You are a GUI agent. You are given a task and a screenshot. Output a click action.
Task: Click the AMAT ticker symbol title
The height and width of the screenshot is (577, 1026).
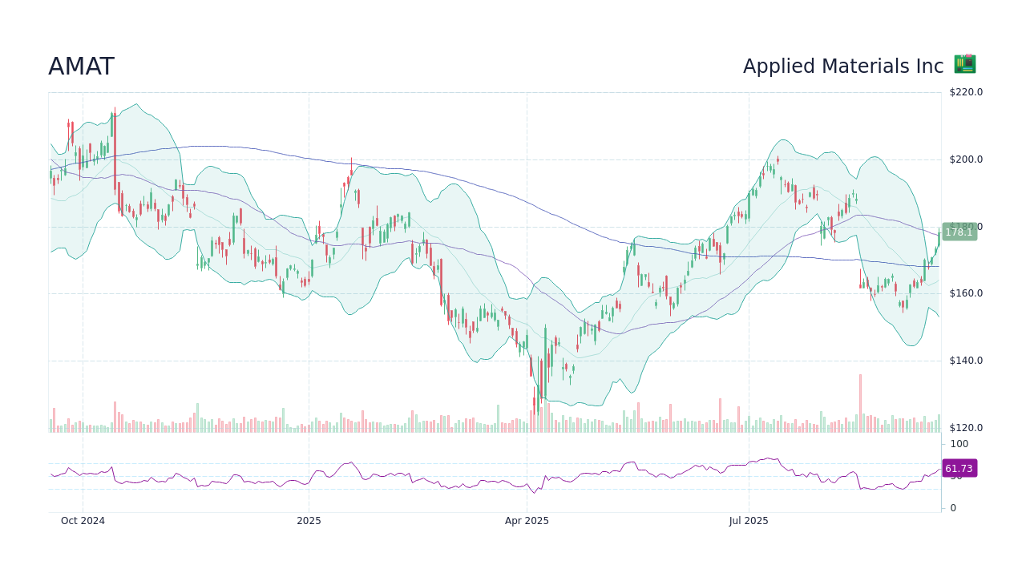[81, 67]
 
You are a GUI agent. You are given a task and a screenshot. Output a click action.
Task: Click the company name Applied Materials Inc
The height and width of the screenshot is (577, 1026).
[842, 67]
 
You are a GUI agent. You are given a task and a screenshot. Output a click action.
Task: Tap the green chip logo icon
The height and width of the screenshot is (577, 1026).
[964, 64]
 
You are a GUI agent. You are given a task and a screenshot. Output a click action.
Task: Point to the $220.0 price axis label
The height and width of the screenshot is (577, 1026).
[965, 92]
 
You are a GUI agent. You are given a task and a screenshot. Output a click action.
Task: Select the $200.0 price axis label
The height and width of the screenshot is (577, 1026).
[965, 159]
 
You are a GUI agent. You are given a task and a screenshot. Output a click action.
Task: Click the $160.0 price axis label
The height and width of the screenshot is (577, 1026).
[965, 293]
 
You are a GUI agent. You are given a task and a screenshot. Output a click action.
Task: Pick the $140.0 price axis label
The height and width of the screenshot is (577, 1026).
[965, 361]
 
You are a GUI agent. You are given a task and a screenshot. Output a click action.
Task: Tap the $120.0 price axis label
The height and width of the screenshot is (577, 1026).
[965, 428]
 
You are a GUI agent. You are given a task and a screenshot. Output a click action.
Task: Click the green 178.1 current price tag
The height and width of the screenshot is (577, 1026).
[959, 232]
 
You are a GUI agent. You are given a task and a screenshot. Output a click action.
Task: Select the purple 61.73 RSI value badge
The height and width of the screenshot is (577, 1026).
[959, 469]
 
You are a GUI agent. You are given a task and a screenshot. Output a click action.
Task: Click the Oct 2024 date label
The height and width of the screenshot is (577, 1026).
[83, 521]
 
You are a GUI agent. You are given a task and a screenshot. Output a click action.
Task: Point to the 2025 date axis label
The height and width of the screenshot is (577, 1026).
[309, 521]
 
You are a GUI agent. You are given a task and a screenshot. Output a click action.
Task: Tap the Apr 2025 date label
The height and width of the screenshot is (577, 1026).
[527, 521]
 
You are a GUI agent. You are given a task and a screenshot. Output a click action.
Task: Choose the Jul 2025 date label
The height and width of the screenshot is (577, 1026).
[749, 521]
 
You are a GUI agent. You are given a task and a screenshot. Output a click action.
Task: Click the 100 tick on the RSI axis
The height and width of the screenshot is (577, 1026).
[959, 444]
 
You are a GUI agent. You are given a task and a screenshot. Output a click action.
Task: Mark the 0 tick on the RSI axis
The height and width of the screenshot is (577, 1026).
[953, 508]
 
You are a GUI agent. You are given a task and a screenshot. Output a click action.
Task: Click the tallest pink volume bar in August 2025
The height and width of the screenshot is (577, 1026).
[860, 402]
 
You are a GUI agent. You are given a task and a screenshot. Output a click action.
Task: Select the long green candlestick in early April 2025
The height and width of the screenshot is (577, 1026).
[545, 361]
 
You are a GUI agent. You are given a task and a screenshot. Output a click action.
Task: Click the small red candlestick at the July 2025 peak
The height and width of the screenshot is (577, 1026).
[778, 160]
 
